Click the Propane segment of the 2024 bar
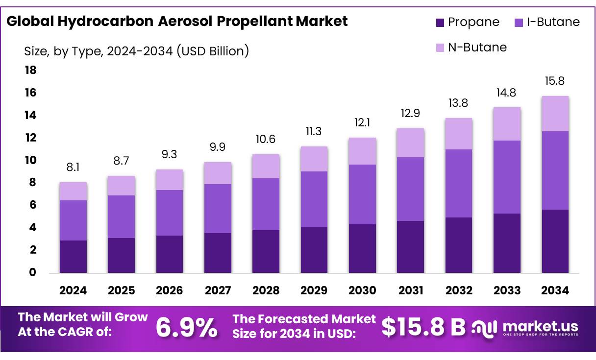pyautogui.click(x=73, y=256)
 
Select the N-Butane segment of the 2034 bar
pyautogui.click(x=555, y=114)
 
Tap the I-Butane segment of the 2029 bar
pyautogui.click(x=314, y=199)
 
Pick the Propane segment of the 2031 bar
pyautogui.click(x=410, y=246)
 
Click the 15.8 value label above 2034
pyautogui.click(x=555, y=81)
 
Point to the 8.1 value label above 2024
pyautogui.click(x=73, y=168)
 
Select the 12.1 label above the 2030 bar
pyautogui.click(x=362, y=123)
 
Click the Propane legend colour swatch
pyautogui.click(x=440, y=23)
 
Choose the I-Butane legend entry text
pyautogui.click(x=553, y=22)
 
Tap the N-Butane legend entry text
pyautogui.click(x=477, y=48)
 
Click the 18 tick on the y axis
pyautogui.click(x=30, y=71)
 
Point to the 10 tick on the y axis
pyautogui.click(x=30, y=160)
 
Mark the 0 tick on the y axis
pyautogui.click(x=33, y=272)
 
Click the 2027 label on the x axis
pyautogui.click(x=218, y=290)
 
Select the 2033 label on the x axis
pyautogui.click(x=507, y=290)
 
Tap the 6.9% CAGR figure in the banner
pyautogui.click(x=186, y=328)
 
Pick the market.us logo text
pyautogui.click(x=540, y=326)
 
